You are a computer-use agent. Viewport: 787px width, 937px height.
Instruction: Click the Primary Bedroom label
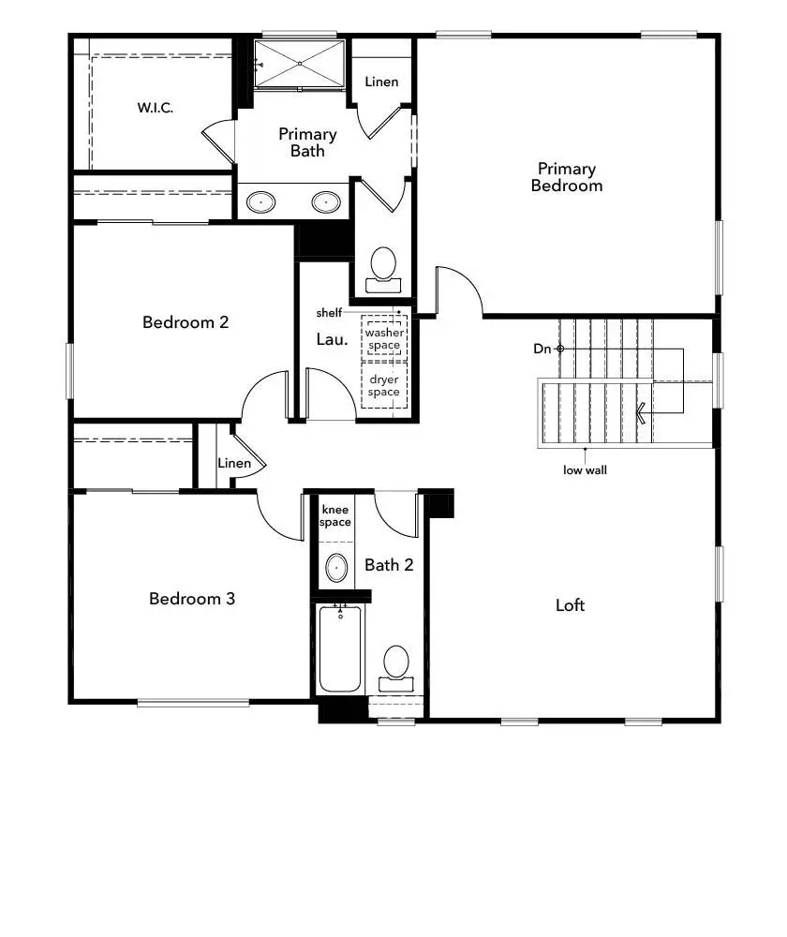pos(566,177)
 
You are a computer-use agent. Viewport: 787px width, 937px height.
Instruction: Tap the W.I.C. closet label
pos(155,108)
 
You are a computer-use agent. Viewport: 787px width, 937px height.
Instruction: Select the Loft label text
pos(570,605)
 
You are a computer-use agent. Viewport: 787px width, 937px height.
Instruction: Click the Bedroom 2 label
pos(186,322)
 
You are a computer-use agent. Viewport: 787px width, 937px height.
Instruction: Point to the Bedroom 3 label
pos(192,598)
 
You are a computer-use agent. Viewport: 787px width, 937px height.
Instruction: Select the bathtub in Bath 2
pos(339,648)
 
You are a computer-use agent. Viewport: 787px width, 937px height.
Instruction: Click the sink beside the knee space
pos(335,568)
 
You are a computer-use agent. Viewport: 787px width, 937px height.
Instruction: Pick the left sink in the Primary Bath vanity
pos(260,201)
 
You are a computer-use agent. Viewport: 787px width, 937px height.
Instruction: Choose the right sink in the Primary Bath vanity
pos(326,201)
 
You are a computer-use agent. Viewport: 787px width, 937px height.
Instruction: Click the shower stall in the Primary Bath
pos(300,64)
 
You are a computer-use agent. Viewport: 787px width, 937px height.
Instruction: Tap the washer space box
pos(383,339)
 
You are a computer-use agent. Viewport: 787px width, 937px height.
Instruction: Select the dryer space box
pos(383,386)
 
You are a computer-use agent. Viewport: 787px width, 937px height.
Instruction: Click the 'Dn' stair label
pos(542,349)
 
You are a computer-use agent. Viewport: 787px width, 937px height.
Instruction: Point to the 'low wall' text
pos(585,470)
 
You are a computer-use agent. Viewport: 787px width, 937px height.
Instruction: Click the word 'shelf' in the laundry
pos(329,313)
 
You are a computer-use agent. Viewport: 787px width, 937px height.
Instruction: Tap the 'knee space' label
pos(335,516)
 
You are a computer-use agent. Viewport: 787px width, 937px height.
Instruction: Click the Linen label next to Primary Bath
pos(381,82)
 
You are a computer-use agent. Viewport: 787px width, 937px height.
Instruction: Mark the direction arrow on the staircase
pos(643,413)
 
